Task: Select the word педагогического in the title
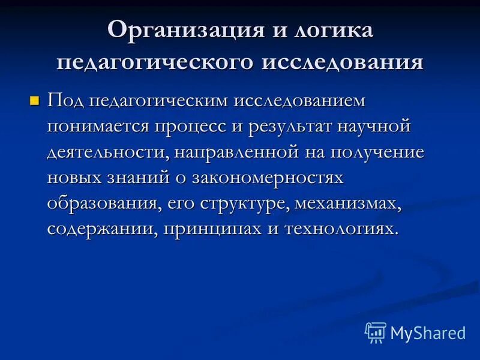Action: click(154, 62)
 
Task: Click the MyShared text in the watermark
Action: click(428, 332)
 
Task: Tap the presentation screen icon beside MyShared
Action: click(376, 332)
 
